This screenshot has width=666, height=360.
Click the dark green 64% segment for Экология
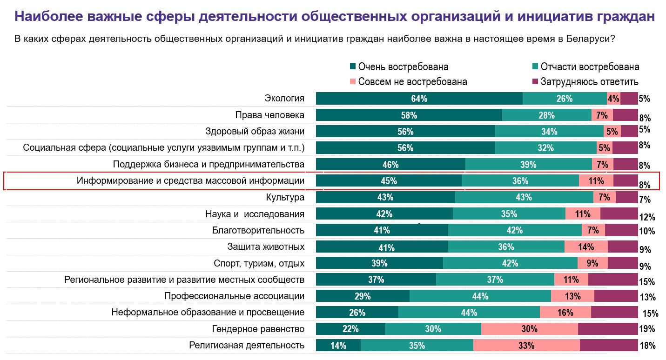(419, 99)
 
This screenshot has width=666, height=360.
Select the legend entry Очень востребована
(403, 67)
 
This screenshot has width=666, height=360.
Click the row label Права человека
(269, 115)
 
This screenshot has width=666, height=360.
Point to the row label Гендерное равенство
(258, 329)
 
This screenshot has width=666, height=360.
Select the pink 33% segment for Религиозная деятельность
(526, 346)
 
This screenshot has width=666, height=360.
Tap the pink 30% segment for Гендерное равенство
(529, 329)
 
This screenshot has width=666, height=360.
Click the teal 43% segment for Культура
(524, 197)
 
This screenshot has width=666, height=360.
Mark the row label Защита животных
(266, 247)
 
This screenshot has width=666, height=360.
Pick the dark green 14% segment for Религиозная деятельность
(338, 346)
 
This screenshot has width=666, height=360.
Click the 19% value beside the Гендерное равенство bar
(647, 329)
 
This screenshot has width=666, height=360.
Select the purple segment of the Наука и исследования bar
(619, 214)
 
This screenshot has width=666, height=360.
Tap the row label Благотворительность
(258, 230)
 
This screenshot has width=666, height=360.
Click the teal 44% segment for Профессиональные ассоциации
(480, 296)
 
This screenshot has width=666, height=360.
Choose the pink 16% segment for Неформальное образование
(565, 313)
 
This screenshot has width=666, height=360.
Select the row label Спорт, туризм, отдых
(259, 263)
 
